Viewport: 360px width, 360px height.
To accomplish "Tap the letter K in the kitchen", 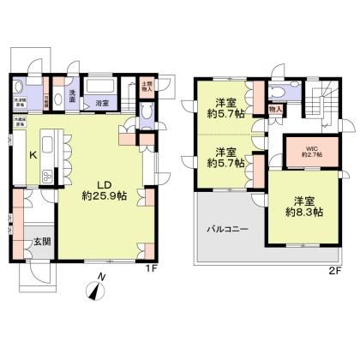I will (x=33, y=155).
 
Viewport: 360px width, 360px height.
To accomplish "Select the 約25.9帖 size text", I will (x=105, y=196).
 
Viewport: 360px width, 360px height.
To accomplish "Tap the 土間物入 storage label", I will (x=146, y=87).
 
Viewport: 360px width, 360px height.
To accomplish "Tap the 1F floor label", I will (x=150, y=271).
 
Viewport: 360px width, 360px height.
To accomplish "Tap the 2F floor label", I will (x=335, y=271).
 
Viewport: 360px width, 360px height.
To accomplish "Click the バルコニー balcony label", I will (x=227, y=230).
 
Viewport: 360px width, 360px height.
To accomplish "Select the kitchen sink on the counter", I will (x=46, y=175).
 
